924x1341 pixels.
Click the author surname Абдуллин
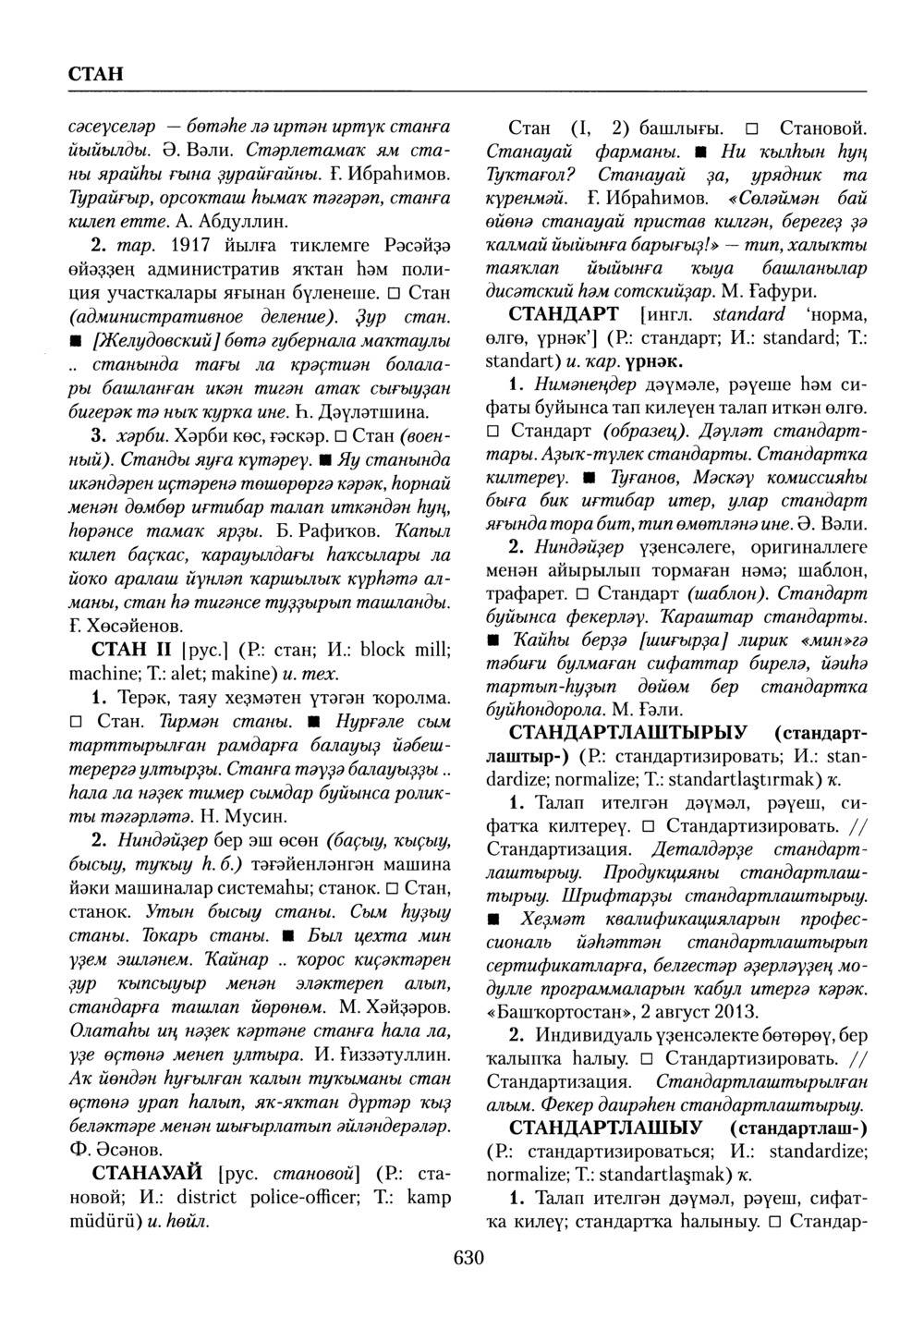coord(211,222)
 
